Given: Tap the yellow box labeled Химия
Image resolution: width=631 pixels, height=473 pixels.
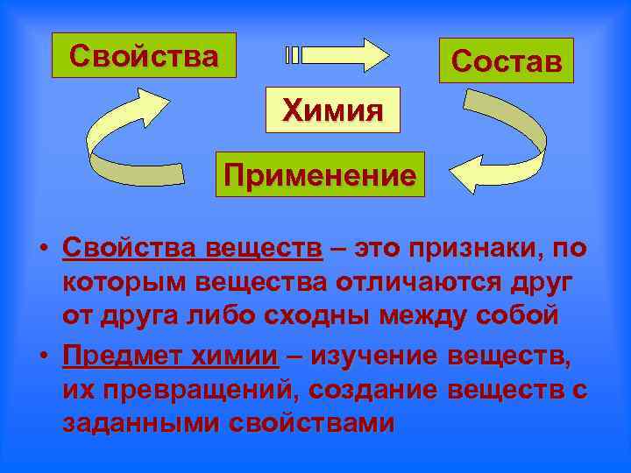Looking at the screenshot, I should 332,109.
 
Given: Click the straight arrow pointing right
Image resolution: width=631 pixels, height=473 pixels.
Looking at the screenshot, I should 337,55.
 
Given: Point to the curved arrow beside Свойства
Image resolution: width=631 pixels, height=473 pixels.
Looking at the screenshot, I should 131,140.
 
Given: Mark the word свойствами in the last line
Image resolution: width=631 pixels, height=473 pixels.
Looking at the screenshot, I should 312,422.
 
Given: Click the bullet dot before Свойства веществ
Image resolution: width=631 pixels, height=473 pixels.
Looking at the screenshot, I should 43,251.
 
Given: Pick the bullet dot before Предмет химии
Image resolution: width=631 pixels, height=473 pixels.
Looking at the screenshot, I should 43,358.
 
